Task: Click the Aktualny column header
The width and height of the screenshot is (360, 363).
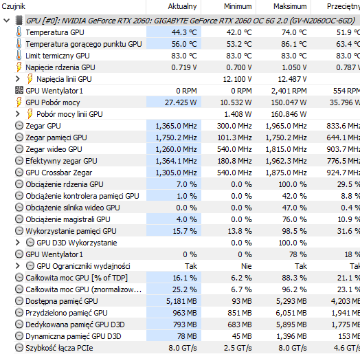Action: [x=182, y=6]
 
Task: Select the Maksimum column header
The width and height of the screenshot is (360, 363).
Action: [x=290, y=6]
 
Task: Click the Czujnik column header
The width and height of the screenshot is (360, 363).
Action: [x=13, y=6]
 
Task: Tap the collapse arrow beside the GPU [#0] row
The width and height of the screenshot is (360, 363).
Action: [x=7, y=21]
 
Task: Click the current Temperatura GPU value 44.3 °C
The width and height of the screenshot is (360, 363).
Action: [x=184, y=32]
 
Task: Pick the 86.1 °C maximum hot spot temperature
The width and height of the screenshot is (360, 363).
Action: [x=294, y=44]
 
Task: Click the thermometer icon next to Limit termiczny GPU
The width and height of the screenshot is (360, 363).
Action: [x=19, y=56]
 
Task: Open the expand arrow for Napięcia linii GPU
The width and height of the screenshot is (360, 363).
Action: [x=18, y=79]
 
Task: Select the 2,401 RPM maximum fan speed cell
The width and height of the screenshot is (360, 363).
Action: [x=289, y=91]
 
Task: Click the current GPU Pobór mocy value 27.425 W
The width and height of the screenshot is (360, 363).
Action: [x=181, y=102]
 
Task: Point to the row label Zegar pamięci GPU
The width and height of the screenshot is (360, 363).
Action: [x=56, y=137]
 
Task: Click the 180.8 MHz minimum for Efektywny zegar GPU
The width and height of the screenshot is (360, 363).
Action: [x=234, y=161]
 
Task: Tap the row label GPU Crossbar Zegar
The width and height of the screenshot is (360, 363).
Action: [x=59, y=173]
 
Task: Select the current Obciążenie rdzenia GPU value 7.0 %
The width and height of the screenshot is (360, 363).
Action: [x=186, y=184]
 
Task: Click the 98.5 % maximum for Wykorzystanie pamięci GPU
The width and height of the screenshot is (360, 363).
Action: [x=294, y=231]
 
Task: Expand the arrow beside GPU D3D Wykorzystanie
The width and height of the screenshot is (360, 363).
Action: [x=18, y=243]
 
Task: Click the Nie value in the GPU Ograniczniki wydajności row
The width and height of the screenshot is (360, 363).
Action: [x=247, y=266]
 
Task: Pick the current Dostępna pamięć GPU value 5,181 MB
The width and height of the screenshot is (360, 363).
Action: [x=181, y=301]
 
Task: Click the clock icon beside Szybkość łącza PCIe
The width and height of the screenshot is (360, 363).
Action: [x=19, y=347]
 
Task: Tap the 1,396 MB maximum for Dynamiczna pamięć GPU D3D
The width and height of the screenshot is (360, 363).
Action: [x=291, y=336]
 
